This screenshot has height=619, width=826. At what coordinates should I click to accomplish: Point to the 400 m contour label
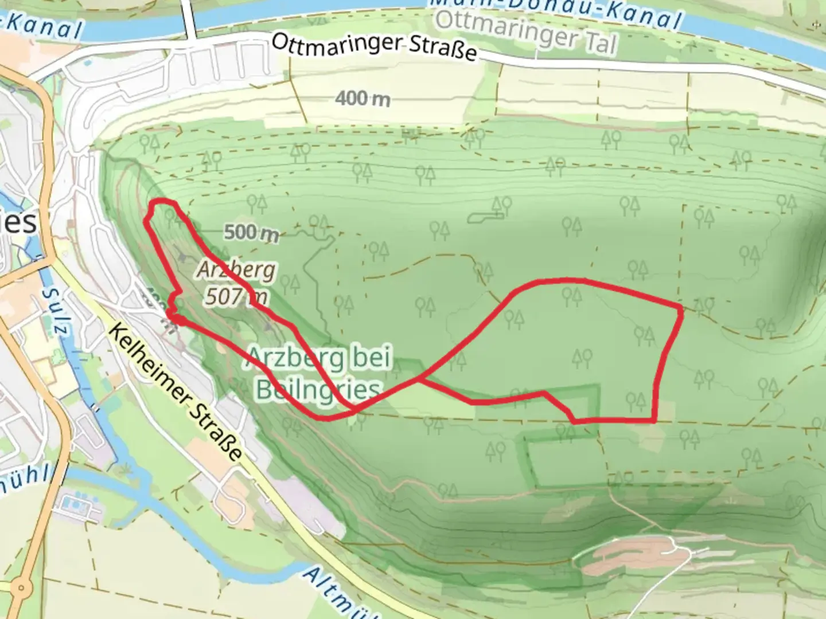point(363,99)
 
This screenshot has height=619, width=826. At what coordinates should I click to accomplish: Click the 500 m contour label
point(251,232)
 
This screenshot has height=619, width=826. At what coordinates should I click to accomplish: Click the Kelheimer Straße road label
point(174,393)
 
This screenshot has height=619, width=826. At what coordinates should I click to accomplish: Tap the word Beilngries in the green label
point(318,390)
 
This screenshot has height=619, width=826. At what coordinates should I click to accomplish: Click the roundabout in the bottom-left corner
point(22,587)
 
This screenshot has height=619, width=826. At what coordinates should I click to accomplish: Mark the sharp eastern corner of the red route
point(681,309)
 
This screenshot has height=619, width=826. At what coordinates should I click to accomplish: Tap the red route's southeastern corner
point(654,420)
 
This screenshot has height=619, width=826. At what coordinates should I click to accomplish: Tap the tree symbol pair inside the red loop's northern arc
point(571,296)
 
